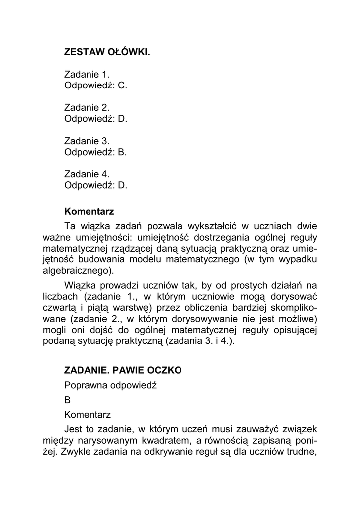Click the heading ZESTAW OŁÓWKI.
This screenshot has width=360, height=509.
[x=107, y=51]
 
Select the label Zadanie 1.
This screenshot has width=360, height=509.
[x=87, y=74]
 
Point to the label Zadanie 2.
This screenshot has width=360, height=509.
[x=87, y=107]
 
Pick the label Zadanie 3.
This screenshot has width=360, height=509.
[x=87, y=141]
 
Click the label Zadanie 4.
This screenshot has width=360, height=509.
[x=87, y=174]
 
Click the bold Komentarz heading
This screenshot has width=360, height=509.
[x=89, y=211]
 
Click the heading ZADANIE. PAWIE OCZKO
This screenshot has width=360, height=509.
[x=123, y=370]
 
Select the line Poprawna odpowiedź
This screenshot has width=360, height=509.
[x=110, y=385]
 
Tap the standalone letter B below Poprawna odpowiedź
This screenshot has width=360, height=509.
[x=68, y=400]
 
